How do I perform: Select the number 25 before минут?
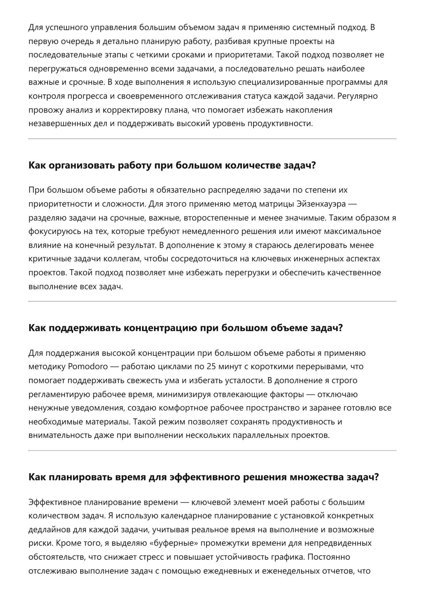pos(212,366)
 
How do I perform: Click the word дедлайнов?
pos(49,530)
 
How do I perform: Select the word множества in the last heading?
pos(316,477)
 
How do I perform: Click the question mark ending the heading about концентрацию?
pos(340,328)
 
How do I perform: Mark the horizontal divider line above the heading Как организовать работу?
pos(212,139)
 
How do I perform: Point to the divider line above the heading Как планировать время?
pos(212,450)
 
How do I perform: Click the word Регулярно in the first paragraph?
pos(357,96)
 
